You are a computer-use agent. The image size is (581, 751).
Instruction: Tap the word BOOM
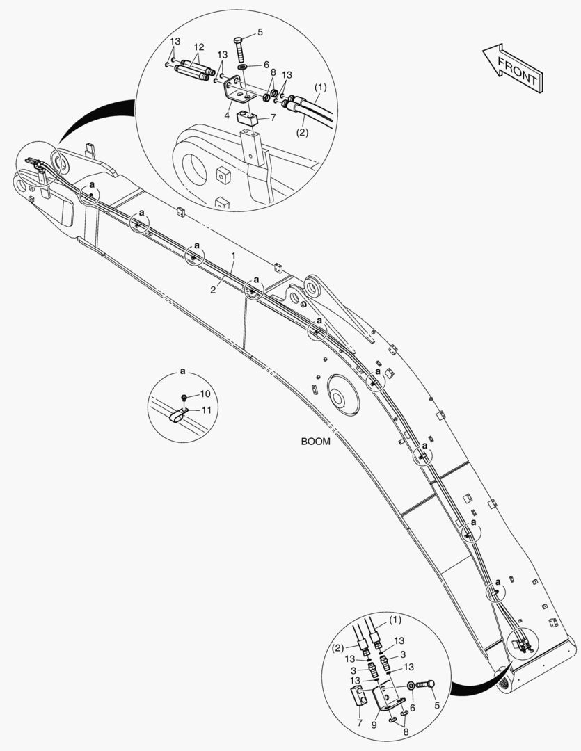pyautogui.click(x=315, y=441)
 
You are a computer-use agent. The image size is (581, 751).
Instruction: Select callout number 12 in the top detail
pyautogui.click(x=198, y=47)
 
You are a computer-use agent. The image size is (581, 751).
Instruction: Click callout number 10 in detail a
pyautogui.click(x=205, y=394)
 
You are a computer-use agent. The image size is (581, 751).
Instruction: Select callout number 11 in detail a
pyautogui.click(x=206, y=410)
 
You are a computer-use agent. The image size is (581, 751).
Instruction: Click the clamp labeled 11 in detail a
pyautogui.click(x=179, y=416)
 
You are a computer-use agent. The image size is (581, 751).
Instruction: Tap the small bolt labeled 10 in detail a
pyautogui.click(x=184, y=398)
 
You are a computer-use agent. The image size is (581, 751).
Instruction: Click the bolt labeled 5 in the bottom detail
pyautogui.click(x=425, y=686)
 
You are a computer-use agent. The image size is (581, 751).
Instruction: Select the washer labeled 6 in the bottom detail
pyautogui.click(x=411, y=687)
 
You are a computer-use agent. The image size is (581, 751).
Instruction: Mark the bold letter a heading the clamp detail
pyautogui.click(x=182, y=371)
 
